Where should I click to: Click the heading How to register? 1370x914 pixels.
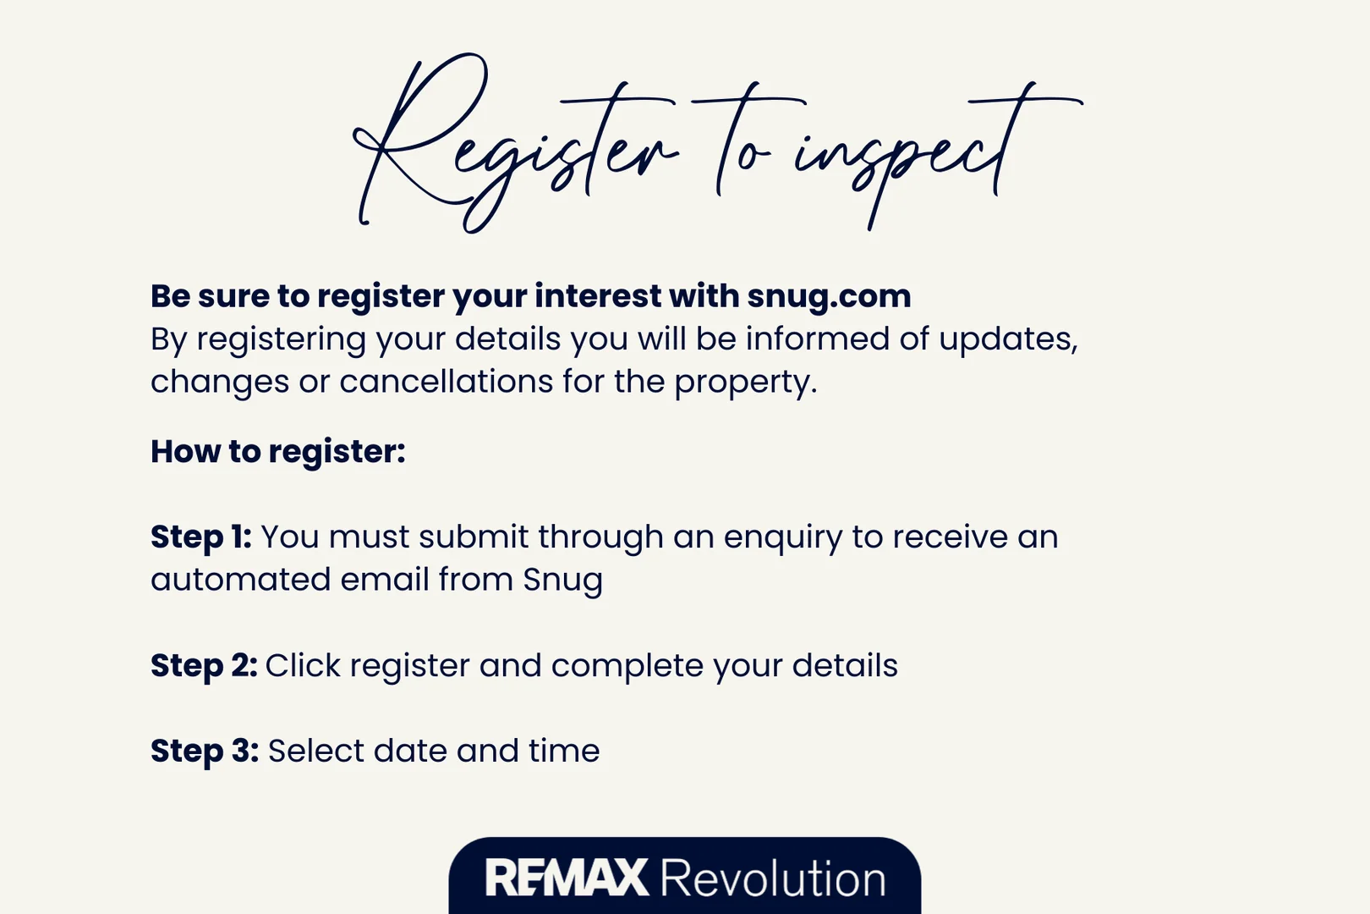pos(278,453)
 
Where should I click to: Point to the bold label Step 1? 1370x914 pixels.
pos(201,537)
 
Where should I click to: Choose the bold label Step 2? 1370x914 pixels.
pos(205,666)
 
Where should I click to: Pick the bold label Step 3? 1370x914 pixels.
pos(205,752)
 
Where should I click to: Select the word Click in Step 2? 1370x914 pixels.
pos(303,665)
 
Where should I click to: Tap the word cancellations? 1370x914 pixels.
pos(447,382)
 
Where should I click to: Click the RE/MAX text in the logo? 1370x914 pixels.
pos(567,878)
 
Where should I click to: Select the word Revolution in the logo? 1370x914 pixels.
pos(773,878)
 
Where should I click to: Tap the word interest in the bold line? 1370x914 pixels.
pos(598,296)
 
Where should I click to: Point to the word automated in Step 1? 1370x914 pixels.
pos(240,580)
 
